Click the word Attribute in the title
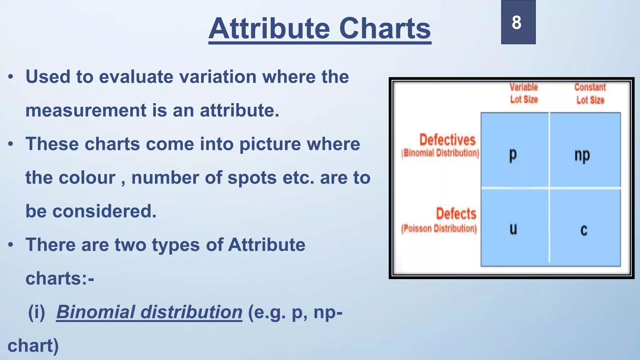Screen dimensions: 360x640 tap(269, 29)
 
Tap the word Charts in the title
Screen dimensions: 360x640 tap(385, 29)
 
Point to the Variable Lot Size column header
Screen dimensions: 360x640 tap(524, 93)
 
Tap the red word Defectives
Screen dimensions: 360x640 tap(447, 140)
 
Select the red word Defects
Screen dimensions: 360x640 tap(456, 214)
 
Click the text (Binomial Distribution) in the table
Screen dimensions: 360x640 tap(440, 153)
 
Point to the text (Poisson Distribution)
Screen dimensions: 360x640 tap(439, 229)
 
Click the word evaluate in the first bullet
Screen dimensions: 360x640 tap(136, 77)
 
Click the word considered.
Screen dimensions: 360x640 tap(104, 212)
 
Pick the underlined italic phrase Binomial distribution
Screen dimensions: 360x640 tap(149, 312)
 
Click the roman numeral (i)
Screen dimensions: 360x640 tap(37, 312)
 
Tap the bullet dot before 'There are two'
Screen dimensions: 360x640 tap(11, 245)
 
